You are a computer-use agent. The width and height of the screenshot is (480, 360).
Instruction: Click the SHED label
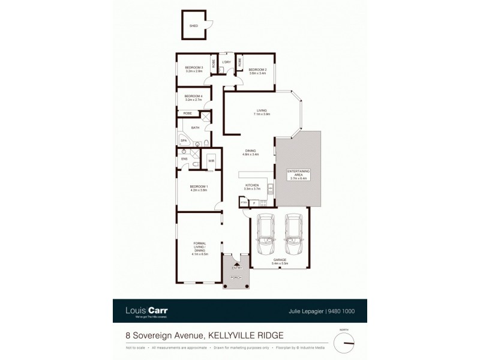coord(194,26)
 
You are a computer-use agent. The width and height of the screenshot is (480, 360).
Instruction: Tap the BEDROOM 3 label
coord(194,67)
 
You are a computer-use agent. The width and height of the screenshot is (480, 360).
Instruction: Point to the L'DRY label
coord(226,62)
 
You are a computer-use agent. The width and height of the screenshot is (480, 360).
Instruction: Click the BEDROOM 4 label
coord(193,97)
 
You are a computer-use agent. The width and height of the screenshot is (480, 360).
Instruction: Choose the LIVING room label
coord(262,110)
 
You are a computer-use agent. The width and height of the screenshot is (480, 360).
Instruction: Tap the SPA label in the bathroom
coord(184,140)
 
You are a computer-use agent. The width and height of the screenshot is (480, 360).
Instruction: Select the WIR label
coord(211,160)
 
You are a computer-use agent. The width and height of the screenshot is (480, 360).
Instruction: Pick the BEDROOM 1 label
coord(199,187)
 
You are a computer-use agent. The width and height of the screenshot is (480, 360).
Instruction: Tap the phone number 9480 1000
coord(343,311)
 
